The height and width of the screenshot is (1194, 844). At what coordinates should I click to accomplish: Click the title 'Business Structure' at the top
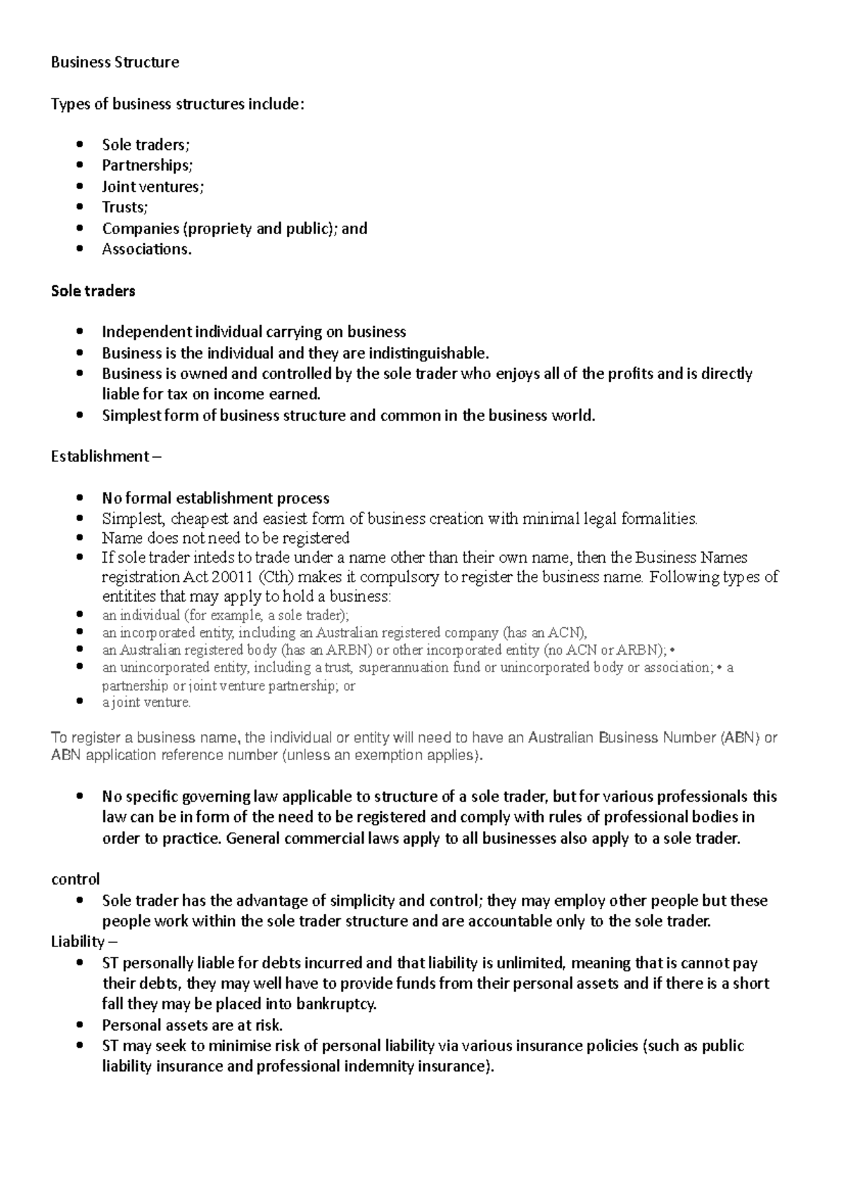[115, 63]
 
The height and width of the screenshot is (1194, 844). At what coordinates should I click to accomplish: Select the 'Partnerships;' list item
[147, 165]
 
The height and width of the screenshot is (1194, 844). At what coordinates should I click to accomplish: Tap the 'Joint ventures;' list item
[153, 186]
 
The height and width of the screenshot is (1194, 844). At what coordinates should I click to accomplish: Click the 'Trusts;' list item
[125, 207]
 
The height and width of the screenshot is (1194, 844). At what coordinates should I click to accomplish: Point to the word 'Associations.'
[146, 249]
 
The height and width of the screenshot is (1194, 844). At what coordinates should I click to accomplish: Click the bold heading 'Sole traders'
[93, 291]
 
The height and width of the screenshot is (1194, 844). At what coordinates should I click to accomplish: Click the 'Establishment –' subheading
[105, 457]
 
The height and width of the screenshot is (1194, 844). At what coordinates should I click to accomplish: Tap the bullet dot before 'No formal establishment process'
[82, 499]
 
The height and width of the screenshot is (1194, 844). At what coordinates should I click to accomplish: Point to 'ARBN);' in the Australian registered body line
[646, 650]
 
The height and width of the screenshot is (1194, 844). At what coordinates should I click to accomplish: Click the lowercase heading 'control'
[75, 880]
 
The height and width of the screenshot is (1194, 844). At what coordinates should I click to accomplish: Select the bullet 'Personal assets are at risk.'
[192, 1025]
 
